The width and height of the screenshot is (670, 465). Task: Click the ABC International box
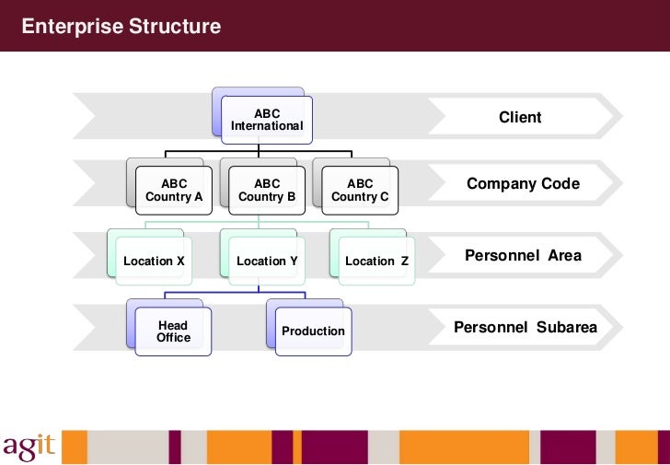pos(267,120)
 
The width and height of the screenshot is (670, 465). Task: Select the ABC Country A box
pos(174,191)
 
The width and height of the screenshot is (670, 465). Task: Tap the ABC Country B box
pos(267,191)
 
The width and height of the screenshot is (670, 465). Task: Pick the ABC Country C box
pos(360,191)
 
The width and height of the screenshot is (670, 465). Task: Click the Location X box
pos(155,262)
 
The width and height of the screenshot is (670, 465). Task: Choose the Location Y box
pos(267,262)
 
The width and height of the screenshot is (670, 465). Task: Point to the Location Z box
pos(377,262)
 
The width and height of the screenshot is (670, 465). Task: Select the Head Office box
pos(173,331)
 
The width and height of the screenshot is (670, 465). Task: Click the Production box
pos(313,331)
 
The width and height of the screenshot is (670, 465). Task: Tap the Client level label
pos(520,118)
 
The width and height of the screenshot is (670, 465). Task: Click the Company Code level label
pos(523,184)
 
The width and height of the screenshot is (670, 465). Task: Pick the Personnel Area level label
pos(523,255)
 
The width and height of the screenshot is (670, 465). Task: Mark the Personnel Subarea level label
pos(526,328)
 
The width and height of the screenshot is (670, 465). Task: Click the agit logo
pos(29,445)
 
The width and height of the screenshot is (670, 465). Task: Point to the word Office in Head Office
pos(173,338)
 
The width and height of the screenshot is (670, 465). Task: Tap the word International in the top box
pos(267,126)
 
